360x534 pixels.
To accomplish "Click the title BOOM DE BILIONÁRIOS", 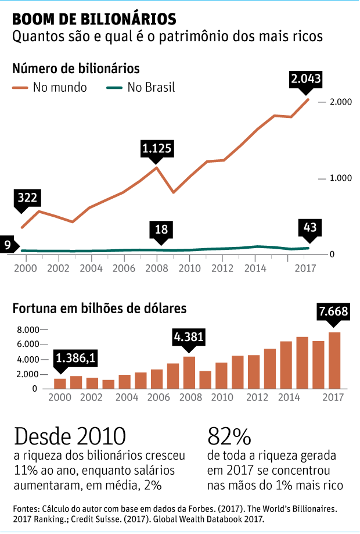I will (94, 19).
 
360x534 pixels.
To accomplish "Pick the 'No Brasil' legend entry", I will (142, 88).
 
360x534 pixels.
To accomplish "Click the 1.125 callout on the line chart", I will (157, 149).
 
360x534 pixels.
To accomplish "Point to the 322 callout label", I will (28, 198).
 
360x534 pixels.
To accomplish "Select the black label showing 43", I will (309, 227).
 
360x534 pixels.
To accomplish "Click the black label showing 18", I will (161, 230).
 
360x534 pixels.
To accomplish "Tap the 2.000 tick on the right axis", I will (341, 102).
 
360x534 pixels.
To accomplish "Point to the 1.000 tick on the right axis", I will (341, 178).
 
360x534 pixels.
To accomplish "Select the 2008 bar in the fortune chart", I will (189, 372).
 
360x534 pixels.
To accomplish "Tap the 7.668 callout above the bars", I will (333, 312).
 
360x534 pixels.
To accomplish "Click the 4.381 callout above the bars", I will (189, 337).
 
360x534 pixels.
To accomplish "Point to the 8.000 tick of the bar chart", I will (27, 329).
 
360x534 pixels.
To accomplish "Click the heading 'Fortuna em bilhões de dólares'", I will (99, 307).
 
